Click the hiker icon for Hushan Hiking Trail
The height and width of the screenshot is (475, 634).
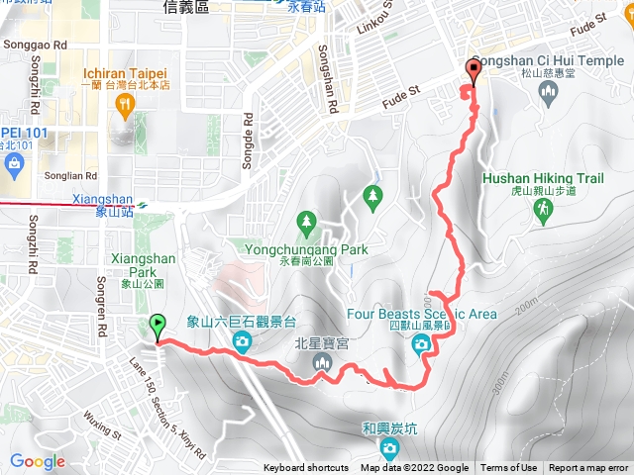coord(542,210)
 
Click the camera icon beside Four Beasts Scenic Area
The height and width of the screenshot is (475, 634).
coord(421,343)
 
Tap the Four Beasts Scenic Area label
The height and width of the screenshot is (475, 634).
coord(421,315)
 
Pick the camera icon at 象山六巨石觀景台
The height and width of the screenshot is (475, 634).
coord(242,342)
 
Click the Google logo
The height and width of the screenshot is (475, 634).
coord(38,461)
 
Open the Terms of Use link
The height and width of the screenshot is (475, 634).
coord(509,468)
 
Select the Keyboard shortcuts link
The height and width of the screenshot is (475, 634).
coord(306,468)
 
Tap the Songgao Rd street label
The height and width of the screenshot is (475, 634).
coord(35,46)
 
